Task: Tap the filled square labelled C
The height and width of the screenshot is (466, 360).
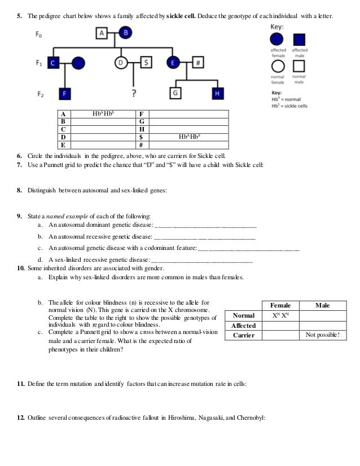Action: point(54,63)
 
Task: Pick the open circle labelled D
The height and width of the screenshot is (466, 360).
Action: point(120,63)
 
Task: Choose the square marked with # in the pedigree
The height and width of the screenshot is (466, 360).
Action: point(198,63)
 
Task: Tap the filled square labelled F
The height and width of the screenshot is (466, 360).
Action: point(66,92)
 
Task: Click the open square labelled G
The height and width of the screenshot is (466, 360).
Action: point(177,92)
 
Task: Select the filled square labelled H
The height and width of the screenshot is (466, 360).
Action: point(217,92)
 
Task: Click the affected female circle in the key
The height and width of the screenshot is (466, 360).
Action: point(276,39)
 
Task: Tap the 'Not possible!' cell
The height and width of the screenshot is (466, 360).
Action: point(322,335)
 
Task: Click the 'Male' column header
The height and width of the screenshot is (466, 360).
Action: point(323,305)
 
